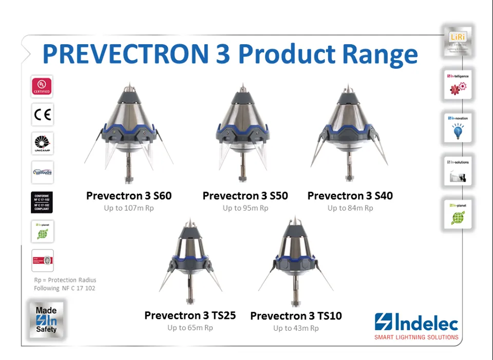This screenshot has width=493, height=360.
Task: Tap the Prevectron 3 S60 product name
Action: coord(129,196)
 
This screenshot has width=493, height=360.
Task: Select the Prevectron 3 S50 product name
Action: coord(245,196)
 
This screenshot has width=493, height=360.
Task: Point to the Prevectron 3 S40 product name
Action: coord(350,196)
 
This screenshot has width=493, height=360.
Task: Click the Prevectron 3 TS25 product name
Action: coord(190,315)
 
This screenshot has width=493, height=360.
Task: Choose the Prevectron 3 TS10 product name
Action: coord(296,316)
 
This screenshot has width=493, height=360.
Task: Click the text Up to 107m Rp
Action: coord(129,208)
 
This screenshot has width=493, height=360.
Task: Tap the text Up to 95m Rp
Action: coord(245,208)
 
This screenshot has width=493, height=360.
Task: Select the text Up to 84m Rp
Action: coord(350,208)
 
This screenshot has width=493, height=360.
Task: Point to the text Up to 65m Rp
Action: coord(190,328)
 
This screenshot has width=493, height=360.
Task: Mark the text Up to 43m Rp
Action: coord(296,328)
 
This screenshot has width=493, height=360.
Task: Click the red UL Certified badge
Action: coord(42,86)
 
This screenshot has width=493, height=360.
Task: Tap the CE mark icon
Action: coord(42,115)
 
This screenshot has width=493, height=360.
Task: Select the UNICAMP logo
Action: coord(42,143)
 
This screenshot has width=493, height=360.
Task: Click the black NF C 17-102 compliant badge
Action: coord(42,202)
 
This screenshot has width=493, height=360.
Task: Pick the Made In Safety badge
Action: coord(46,319)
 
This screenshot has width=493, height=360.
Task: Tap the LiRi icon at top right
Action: coord(457,42)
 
